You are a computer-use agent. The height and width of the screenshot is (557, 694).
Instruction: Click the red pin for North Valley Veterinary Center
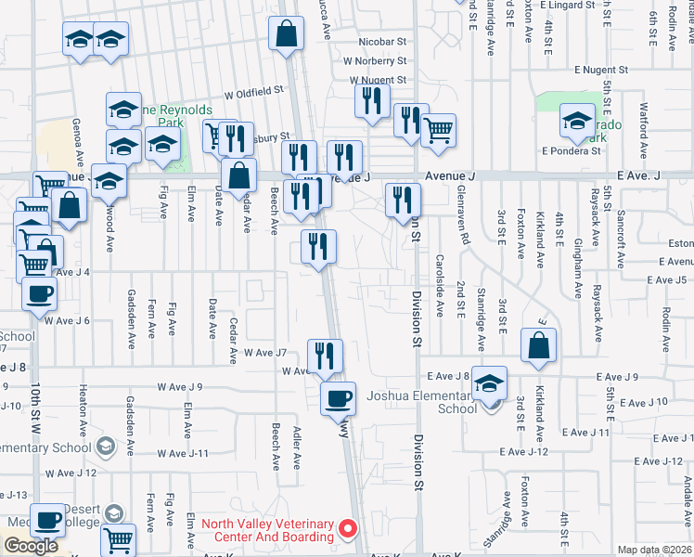(349, 529)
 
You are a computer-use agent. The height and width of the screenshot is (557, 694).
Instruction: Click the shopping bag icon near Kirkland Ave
(539, 345)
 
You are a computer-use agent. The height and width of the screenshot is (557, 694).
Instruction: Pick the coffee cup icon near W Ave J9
(338, 398)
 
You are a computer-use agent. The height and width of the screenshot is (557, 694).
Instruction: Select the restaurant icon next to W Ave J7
(325, 356)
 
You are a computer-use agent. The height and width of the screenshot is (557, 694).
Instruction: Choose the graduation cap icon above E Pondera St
(577, 121)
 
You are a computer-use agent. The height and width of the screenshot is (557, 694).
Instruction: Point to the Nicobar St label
(383, 42)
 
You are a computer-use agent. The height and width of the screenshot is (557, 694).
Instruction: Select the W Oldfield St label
(253, 92)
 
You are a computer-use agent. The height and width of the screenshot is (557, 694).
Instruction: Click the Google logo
(31, 546)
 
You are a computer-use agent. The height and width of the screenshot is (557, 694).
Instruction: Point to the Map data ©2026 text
(653, 550)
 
